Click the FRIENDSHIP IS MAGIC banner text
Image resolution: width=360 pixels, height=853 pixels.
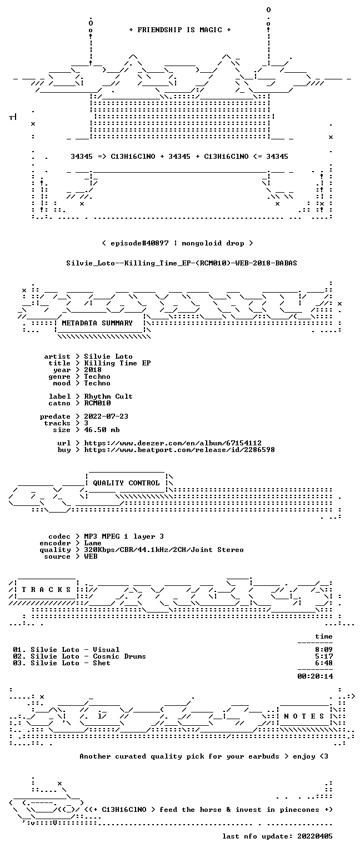[180, 29]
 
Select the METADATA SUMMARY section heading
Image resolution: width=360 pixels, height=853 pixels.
[97, 323]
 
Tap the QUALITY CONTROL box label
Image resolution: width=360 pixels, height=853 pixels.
[126, 483]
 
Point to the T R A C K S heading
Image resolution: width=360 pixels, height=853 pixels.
[46, 589]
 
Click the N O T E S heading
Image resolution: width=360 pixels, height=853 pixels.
[304, 716]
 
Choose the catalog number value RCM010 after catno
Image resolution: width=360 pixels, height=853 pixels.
[98, 403]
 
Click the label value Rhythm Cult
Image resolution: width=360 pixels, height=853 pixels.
[108, 397]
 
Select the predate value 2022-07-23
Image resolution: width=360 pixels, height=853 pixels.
[106, 417]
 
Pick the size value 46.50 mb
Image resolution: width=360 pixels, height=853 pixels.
[102, 430]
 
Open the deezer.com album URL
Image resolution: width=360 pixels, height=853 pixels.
[173, 443]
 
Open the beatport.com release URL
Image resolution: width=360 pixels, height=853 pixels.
[179, 450]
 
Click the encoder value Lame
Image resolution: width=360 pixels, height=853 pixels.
[93, 544]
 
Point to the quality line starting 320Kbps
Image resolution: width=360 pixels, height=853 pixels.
[164, 550]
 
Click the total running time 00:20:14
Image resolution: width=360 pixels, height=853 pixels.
[315, 676]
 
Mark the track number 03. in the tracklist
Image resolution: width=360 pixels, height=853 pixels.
[19, 663]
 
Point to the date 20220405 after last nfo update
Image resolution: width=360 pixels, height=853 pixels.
[315, 836]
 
